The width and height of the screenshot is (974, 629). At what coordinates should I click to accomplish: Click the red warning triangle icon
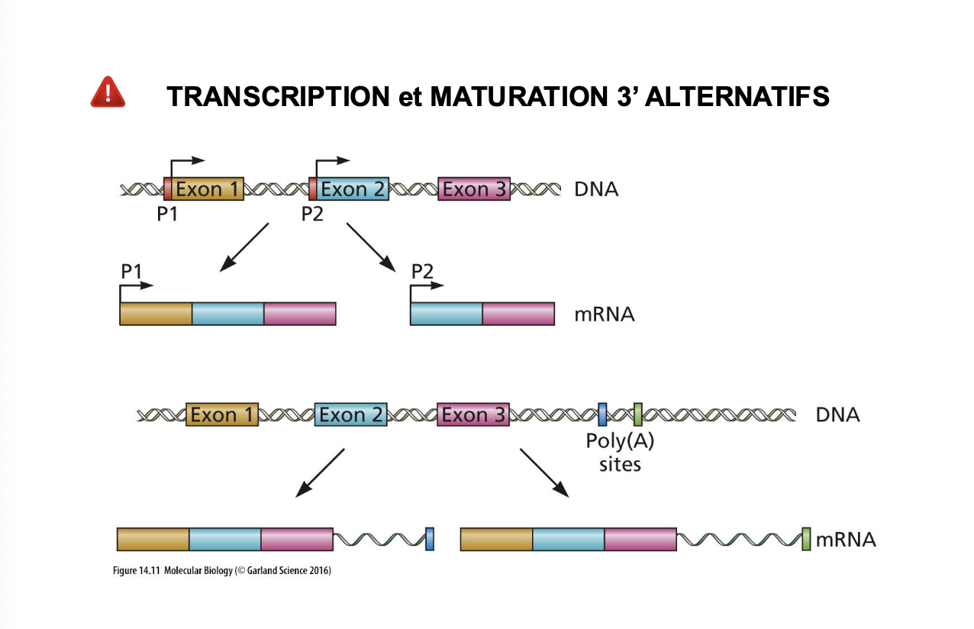[x=108, y=92]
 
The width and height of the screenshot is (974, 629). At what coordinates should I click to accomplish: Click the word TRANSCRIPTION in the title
[x=279, y=96]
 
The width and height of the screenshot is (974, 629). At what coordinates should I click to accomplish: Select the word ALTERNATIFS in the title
[x=737, y=96]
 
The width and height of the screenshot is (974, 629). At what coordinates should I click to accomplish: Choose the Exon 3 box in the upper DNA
[x=474, y=189]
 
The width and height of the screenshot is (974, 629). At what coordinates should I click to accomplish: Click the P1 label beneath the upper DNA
[x=167, y=214]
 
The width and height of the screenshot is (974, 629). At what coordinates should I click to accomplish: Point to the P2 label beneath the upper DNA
[x=312, y=214]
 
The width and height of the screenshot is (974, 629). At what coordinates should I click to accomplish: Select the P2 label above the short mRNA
[x=422, y=271]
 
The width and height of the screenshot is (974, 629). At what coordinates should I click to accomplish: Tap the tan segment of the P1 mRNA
[x=156, y=314]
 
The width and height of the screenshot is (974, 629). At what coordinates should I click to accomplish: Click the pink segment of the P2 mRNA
[x=518, y=314]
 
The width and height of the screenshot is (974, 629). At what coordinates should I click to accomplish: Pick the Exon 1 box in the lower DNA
[x=222, y=414]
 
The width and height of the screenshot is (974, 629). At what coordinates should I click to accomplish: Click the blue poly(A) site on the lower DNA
[x=602, y=414]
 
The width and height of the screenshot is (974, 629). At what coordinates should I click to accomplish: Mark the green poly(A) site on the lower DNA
[x=638, y=414]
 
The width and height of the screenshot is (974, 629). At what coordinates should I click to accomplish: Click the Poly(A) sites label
[x=620, y=453]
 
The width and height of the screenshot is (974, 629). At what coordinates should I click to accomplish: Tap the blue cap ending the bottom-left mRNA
[x=430, y=539]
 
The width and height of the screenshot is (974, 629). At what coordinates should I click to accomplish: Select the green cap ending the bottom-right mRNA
[x=806, y=539]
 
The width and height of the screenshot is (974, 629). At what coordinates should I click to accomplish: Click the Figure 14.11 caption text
[x=222, y=570]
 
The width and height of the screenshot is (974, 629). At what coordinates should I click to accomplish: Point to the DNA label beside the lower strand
[x=837, y=414]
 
